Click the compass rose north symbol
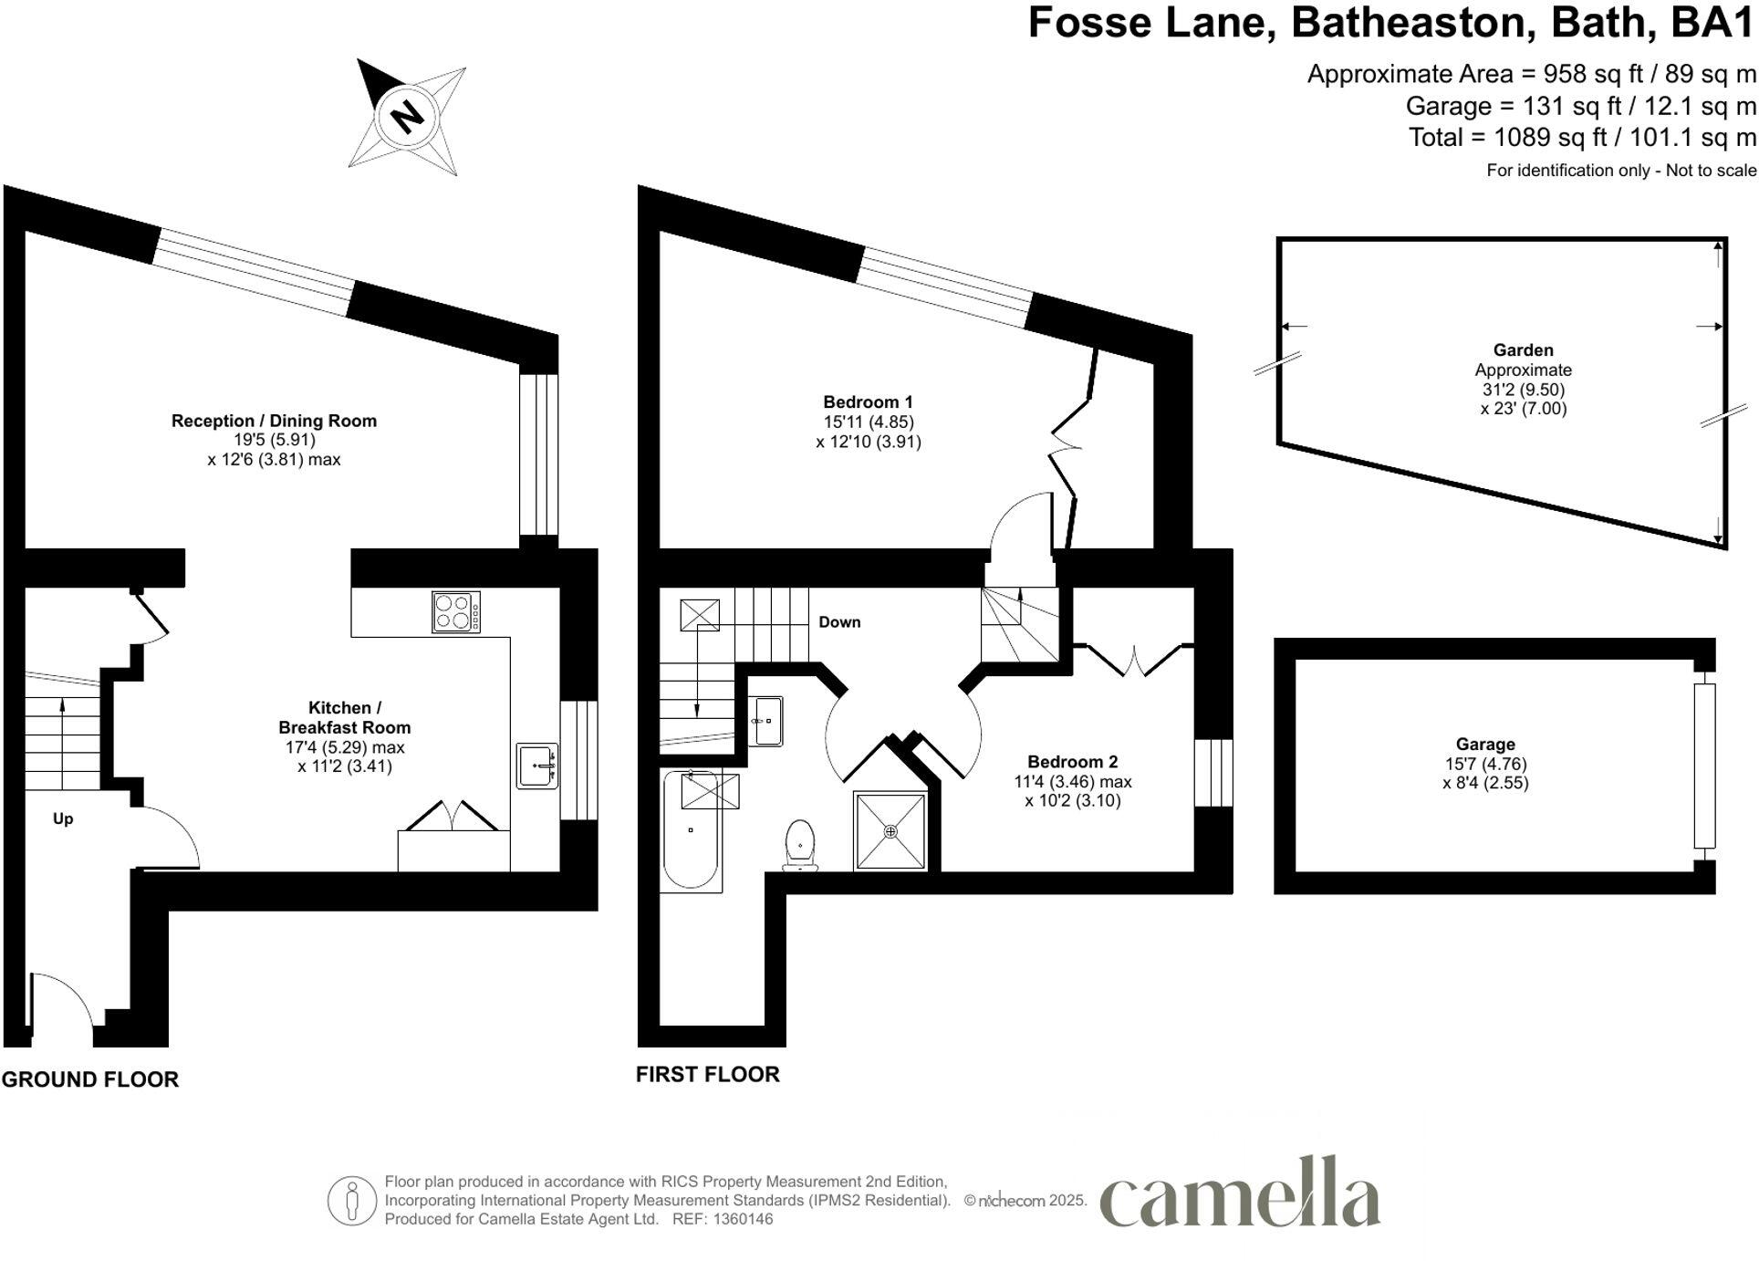click(407, 117)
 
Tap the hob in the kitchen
click(456, 612)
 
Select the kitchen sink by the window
click(537, 766)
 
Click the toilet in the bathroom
click(800, 845)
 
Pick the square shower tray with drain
click(890, 831)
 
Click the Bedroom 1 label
click(868, 402)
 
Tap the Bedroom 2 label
click(1072, 762)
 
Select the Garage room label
click(1485, 745)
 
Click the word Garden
click(1523, 350)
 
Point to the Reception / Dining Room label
click(274, 422)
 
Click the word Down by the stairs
click(839, 622)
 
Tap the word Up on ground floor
click(63, 819)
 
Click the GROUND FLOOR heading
click(90, 1079)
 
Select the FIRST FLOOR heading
click(708, 1075)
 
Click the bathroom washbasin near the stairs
click(765, 721)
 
